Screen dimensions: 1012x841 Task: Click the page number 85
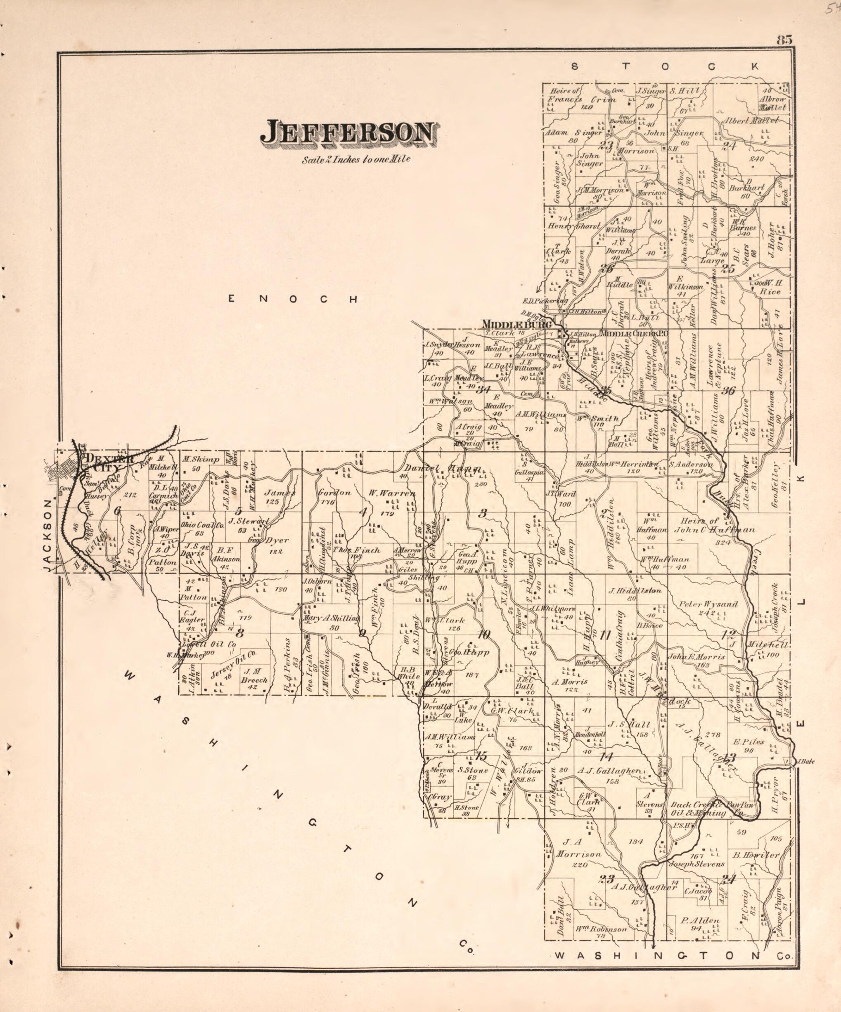coord(784,40)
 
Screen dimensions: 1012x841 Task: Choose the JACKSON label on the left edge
coord(47,535)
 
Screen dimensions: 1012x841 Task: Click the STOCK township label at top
coord(666,66)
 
